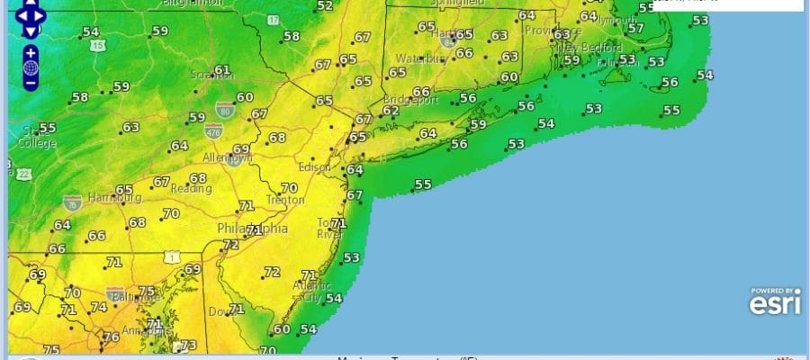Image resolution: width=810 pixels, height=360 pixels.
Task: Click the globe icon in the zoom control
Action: [31, 67]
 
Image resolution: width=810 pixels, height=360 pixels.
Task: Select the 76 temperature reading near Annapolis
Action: [112, 337]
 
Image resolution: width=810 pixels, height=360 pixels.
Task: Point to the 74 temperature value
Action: [99, 307]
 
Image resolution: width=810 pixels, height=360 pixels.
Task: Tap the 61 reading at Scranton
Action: [222, 69]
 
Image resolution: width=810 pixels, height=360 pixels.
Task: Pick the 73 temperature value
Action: [188, 345]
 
